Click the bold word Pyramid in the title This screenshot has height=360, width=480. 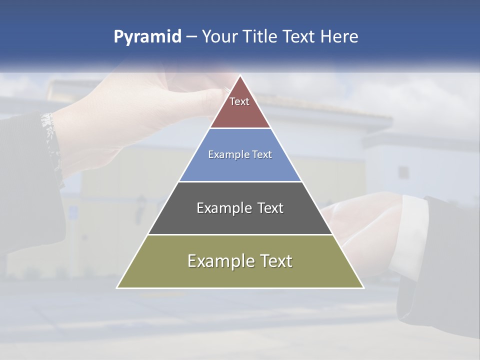(x=147, y=37)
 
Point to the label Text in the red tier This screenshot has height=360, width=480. (x=239, y=101)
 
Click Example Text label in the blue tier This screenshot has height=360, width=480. (x=240, y=154)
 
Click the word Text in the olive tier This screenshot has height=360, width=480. (x=275, y=261)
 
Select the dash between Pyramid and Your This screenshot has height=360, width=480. (x=191, y=37)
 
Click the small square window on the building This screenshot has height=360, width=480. (x=403, y=172)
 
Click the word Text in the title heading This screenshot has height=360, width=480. (x=299, y=36)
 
